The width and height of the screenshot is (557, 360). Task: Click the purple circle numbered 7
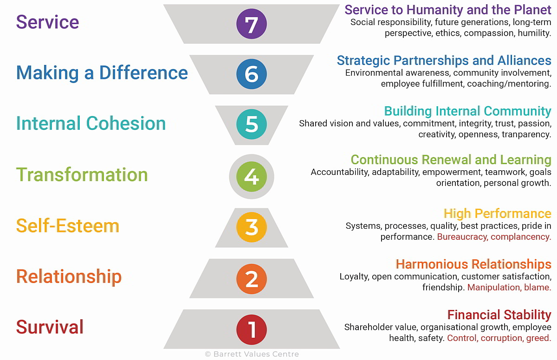252,24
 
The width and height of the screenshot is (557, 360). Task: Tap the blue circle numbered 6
252,74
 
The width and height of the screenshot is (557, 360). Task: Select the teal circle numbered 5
252,124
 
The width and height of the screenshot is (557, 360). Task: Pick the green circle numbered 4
252,177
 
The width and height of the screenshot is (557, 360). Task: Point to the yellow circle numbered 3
252,227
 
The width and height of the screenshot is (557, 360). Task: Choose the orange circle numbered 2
252,279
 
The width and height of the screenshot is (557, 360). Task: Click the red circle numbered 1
252,330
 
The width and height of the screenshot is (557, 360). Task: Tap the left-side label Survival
50,327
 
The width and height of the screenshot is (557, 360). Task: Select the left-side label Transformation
82,174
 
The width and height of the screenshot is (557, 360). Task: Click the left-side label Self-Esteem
68,225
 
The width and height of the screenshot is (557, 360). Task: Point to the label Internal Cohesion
91,123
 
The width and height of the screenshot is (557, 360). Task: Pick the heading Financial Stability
499,315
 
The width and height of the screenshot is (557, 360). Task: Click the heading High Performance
498,213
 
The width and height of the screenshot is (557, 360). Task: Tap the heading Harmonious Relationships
474,264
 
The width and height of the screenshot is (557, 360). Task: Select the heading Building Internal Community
468,111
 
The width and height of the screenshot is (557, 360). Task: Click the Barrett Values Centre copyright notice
252,354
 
